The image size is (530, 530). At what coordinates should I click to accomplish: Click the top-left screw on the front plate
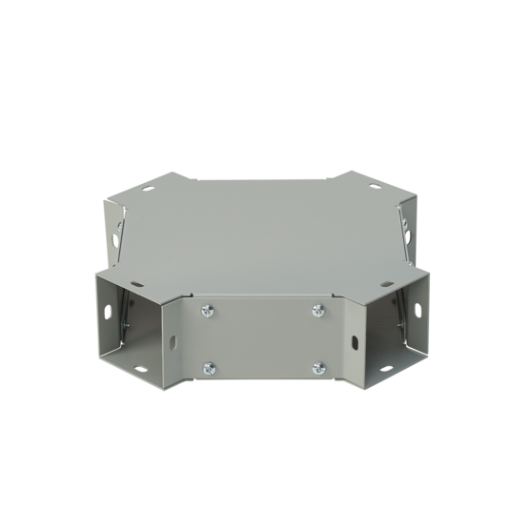click(x=207, y=308)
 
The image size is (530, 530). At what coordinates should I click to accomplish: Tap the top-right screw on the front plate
click(x=317, y=308)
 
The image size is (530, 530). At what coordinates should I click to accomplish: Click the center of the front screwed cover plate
click(x=262, y=338)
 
